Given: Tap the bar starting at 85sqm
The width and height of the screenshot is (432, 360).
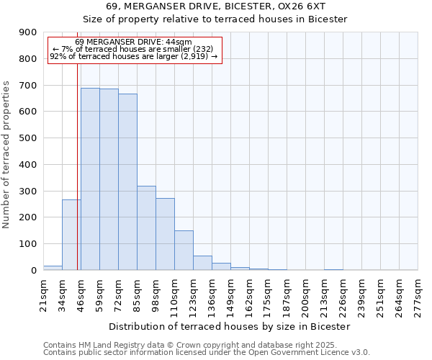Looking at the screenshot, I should (x=146, y=228).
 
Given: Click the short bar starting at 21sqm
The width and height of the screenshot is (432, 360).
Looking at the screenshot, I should (x=53, y=268).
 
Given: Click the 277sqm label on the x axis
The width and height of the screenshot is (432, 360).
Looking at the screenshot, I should (x=418, y=294).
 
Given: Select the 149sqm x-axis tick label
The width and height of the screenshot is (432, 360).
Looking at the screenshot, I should (x=230, y=294).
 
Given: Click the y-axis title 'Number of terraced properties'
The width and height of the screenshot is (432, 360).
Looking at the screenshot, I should (x=6, y=155).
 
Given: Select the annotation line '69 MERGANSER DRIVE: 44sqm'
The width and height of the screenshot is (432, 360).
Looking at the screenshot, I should (x=133, y=42).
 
